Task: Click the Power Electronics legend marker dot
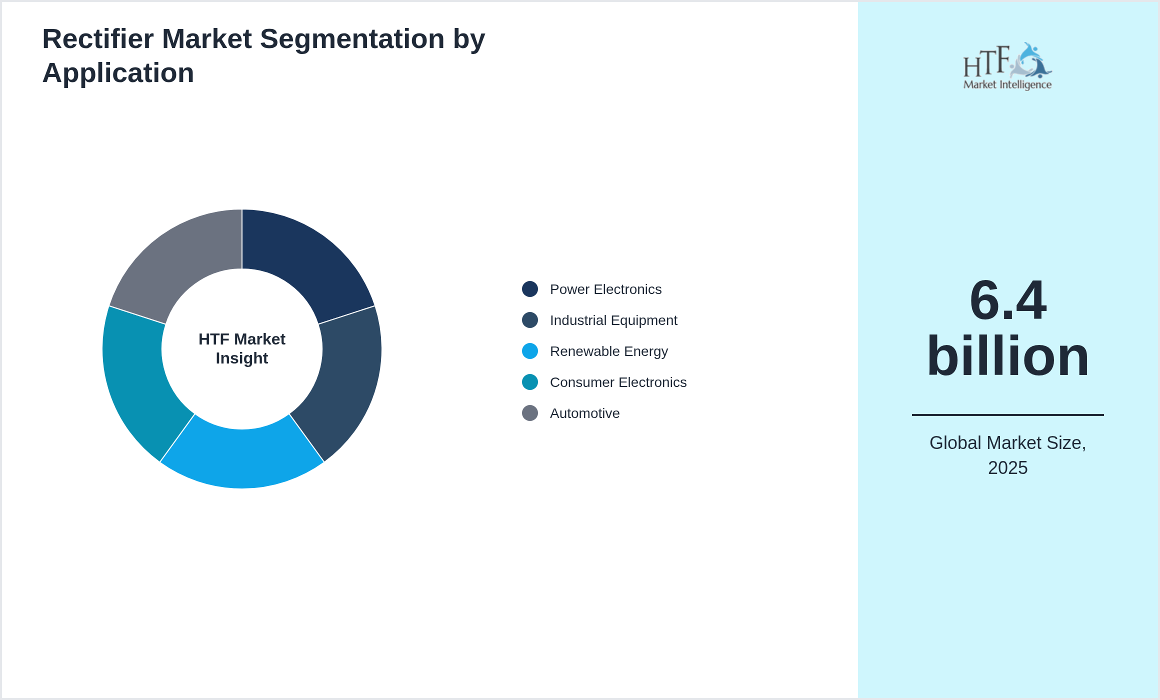(x=530, y=289)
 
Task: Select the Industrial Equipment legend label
(x=613, y=320)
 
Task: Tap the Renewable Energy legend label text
(x=608, y=351)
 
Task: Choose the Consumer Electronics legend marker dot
(x=530, y=382)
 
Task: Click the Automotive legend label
(x=584, y=413)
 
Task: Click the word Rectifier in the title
(x=97, y=39)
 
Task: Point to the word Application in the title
(x=118, y=73)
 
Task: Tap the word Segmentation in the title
(x=352, y=39)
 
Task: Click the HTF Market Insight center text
(x=242, y=348)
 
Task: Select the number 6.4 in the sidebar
(x=1007, y=300)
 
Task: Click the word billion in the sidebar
(x=1007, y=356)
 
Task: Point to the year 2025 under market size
(x=1007, y=468)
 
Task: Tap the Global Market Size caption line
(x=1007, y=443)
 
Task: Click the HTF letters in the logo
(x=986, y=61)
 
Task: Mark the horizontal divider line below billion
(x=1007, y=414)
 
